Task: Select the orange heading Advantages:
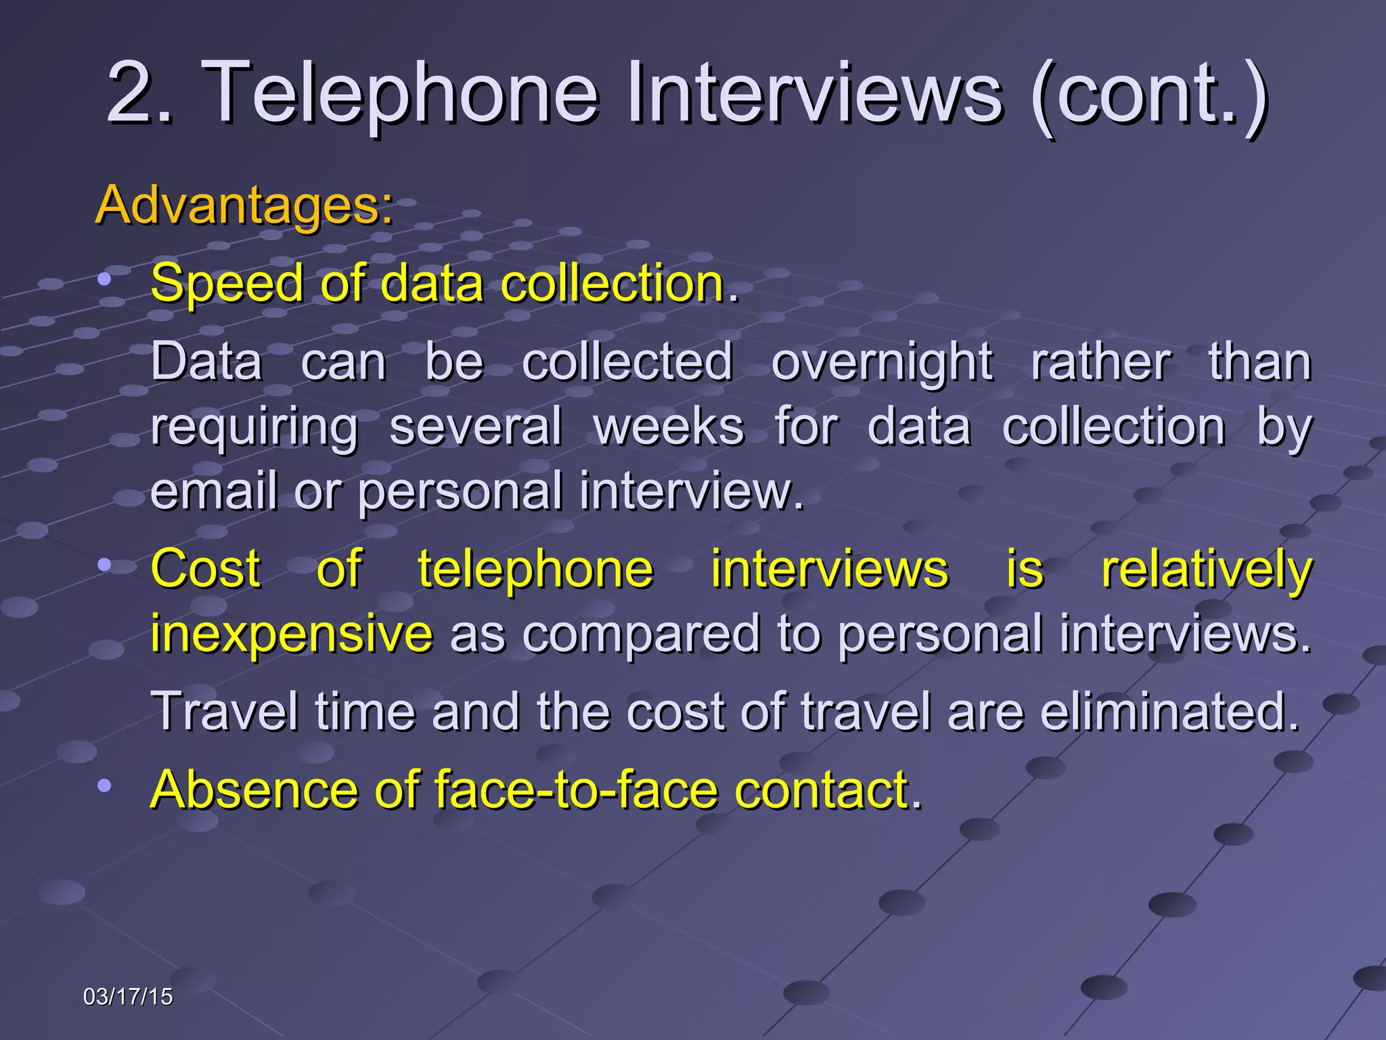244,204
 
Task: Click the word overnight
882,362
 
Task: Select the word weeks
669,427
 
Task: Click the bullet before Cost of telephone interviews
104,564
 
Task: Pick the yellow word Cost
206,569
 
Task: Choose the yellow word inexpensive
291,633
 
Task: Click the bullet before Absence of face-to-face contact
104,785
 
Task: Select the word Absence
254,789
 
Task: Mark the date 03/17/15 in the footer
128,997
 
